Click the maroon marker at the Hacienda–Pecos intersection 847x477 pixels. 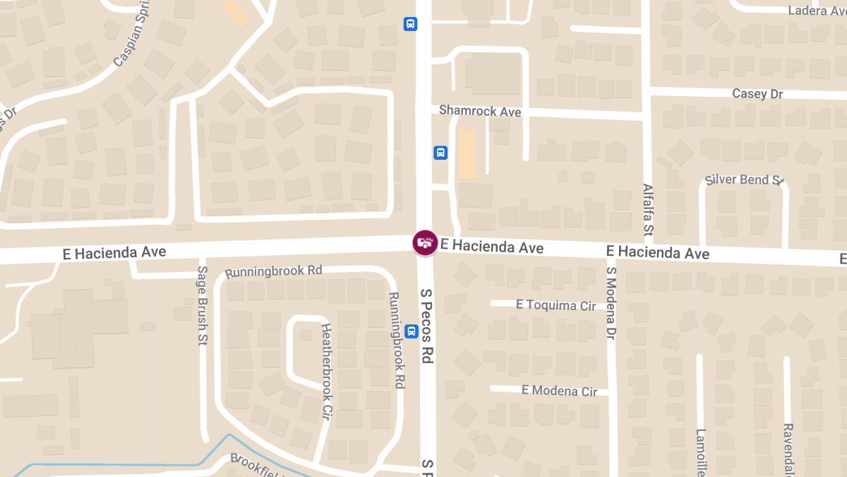click(x=424, y=242)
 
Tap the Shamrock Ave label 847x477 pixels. click(x=479, y=111)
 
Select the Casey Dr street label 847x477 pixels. click(x=757, y=94)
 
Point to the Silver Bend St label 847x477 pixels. click(x=745, y=179)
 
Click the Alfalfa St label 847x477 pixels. click(x=648, y=209)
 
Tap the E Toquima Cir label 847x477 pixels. click(x=555, y=305)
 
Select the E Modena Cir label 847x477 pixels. click(x=559, y=391)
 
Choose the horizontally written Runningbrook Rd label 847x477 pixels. click(x=273, y=271)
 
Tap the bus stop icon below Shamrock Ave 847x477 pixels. click(x=440, y=153)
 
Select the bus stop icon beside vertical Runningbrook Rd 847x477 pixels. click(x=412, y=331)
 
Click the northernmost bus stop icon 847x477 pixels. click(x=410, y=24)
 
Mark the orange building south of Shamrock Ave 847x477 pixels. click(x=467, y=154)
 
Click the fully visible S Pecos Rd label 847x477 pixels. click(x=426, y=325)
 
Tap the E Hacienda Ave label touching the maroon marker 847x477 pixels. click(x=492, y=247)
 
